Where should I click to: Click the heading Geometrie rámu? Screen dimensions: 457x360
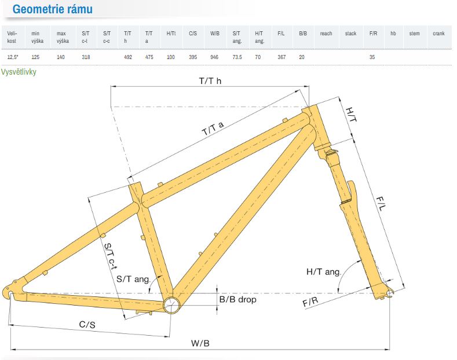coord(53,9)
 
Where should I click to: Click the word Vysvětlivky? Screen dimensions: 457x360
coord(19,72)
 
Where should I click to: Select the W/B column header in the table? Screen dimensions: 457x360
coord(215,34)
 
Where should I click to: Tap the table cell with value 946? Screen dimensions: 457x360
coord(214,57)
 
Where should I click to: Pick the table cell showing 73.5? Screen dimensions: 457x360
coord(237,57)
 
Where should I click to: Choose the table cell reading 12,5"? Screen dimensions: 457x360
coord(13,57)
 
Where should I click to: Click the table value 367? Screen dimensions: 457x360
coord(281,57)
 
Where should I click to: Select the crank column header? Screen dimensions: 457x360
coord(438,34)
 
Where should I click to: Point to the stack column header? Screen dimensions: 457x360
coord(350,34)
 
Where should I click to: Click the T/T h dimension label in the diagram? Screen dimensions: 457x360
coord(210,81)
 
